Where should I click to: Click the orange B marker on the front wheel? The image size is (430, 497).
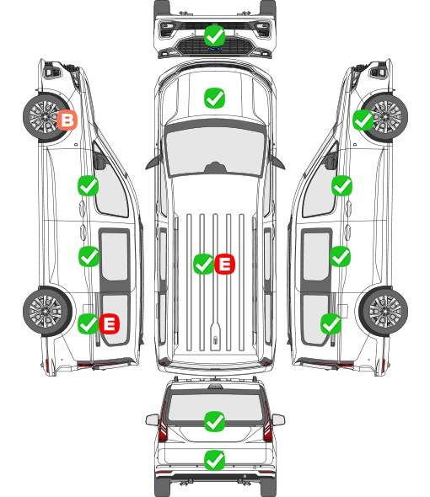67,120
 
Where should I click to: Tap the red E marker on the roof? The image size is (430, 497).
224,264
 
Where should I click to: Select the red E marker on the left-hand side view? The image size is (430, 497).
110,323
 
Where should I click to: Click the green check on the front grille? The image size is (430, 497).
215,36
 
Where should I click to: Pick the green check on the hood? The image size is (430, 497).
215,98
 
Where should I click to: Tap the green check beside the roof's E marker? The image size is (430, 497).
203,264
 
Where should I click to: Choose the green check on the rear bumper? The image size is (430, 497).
215,460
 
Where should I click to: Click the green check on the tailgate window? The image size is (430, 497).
215,421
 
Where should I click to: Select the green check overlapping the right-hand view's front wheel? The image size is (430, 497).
363,120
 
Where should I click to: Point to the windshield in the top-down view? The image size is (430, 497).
215,152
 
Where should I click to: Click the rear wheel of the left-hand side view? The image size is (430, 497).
47,312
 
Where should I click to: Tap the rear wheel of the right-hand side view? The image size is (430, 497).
384,312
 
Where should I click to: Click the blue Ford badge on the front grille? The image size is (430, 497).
215,49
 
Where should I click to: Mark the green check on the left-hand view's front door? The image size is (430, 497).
89,185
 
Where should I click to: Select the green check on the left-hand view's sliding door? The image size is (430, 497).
89,256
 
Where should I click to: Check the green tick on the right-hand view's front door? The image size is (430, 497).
341,185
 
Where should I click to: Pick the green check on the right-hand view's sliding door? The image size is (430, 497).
341,256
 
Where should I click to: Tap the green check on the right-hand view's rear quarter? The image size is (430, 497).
331,323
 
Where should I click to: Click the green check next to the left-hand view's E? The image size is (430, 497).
89,323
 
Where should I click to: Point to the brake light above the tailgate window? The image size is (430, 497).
215,387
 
